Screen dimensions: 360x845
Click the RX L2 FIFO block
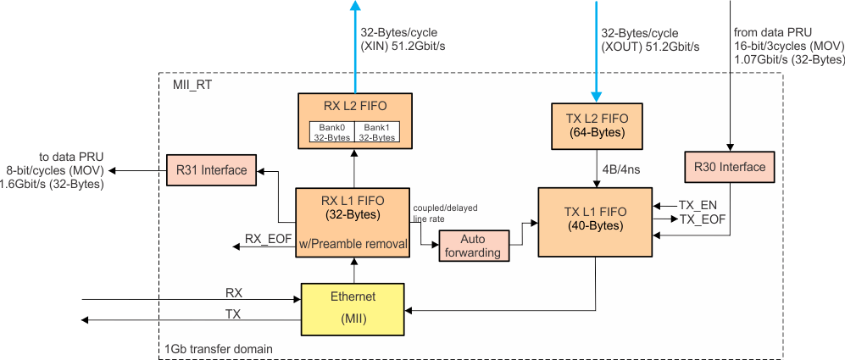coord(354,108)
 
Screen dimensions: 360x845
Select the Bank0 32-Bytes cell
coord(331,131)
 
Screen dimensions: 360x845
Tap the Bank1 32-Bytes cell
coord(377,131)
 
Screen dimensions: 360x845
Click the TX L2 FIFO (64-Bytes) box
coord(597,126)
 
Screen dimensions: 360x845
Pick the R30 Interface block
coord(729,167)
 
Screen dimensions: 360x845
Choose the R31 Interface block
coord(212,170)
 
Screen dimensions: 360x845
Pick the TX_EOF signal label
coord(703,219)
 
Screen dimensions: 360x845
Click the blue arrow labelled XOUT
coord(598,47)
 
